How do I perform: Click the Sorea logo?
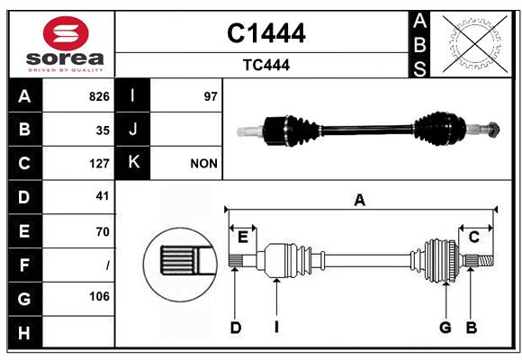[x=61, y=44]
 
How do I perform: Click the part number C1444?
[x=265, y=33]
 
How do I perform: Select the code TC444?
[x=265, y=65]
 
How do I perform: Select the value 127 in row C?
[x=99, y=163]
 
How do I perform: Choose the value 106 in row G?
[x=99, y=296]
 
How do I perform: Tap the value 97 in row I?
[x=211, y=96]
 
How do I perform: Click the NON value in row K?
[x=203, y=163]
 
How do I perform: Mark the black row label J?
[x=133, y=130]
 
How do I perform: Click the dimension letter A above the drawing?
[x=359, y=200]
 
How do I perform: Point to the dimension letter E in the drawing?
[x=243, y=237]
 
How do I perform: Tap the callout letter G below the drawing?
[x=445, y=328]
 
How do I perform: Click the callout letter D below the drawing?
[x=235, y=328]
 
